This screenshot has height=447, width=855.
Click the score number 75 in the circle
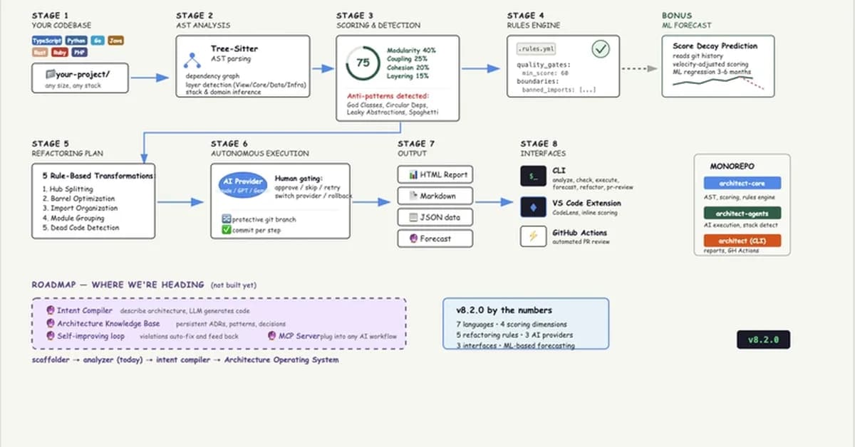363,63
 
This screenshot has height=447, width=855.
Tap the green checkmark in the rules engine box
601,49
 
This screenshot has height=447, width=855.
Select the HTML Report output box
435,174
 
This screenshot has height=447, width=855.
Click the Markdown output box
435,196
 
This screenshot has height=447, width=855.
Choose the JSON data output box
435,217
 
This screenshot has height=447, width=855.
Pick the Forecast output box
435,238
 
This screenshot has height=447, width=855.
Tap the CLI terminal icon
532,176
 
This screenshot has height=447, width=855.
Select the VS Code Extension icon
532,207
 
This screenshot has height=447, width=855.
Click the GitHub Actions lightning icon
532,236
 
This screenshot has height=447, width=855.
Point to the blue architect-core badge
742,183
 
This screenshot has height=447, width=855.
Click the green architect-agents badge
742,213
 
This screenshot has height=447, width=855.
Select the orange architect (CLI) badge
742,241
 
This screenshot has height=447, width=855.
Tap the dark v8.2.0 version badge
763,340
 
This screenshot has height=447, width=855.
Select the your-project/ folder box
80,78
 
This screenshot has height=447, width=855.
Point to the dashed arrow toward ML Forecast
638,68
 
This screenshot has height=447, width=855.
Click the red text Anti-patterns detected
388,95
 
